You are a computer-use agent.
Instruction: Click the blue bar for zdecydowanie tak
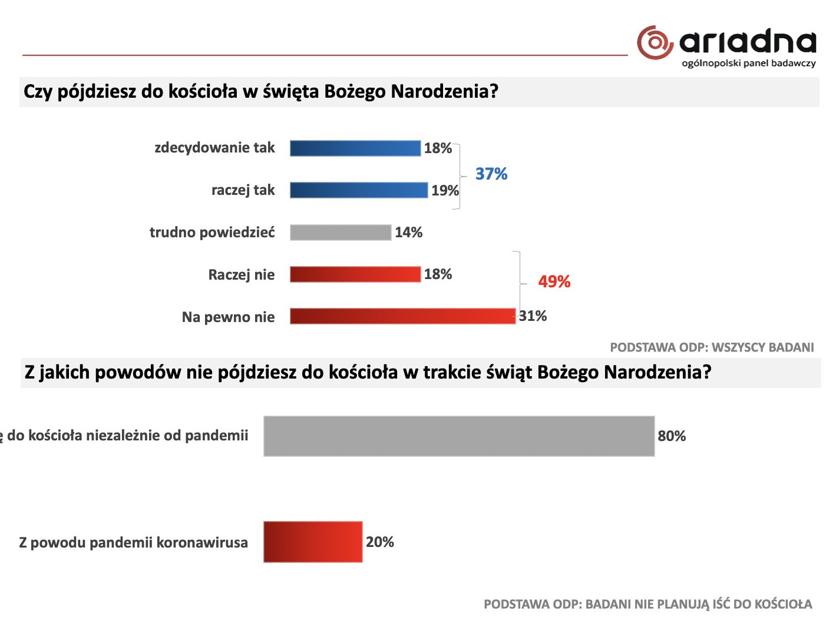pos(355,148)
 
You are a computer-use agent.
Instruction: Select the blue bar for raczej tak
pos(358,190)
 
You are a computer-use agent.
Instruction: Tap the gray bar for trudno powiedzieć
pos(341,233)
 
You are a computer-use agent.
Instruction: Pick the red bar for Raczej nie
pos(355,274)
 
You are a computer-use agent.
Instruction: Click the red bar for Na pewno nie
pos(402,316)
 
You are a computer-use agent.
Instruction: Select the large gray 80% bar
pos(459,436)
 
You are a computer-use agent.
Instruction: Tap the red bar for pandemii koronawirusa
pos(313,542)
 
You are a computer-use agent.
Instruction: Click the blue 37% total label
pos(491,174)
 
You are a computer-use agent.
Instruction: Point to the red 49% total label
pos(554,282)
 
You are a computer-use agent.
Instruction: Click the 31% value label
pos(533,316)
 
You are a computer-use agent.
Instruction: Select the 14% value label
pos(408,233)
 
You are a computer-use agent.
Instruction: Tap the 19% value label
pos(445,191)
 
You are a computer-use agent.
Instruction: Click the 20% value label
pos(379,542)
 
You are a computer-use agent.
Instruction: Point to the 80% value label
pos(672,436)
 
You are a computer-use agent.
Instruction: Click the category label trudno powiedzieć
pos(212,233)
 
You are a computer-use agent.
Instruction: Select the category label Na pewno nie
pos(228,317)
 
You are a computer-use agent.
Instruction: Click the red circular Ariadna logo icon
pos(655,42)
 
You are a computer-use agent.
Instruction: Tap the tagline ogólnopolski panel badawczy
pos(748,64)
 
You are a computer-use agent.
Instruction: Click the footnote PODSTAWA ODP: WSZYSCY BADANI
pos(712,347)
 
